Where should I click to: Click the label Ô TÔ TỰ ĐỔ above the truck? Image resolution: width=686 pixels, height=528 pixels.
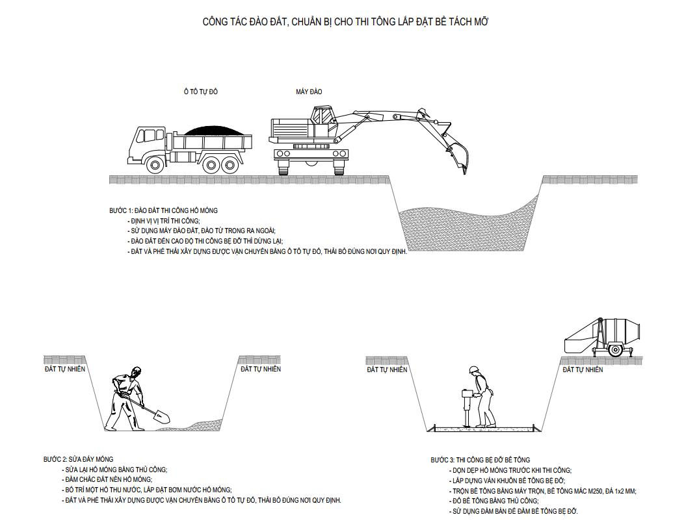[200, 92]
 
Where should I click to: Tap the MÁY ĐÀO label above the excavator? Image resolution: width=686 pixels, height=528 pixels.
[309, 92]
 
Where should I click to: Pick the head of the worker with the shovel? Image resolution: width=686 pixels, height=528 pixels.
[136, 372]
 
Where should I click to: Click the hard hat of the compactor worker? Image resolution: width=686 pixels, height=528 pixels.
[473, 370]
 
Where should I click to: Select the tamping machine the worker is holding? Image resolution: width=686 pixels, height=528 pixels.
[466, 407]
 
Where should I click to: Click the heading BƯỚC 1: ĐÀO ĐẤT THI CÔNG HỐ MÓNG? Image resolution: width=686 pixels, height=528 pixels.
[163, 210]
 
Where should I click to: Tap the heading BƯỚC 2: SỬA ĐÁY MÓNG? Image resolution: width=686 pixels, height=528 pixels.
[78, 459]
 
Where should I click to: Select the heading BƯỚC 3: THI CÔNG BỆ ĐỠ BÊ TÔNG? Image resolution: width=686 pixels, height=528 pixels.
[480, 460]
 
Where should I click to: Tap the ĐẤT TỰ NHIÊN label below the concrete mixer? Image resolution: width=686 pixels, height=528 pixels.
[583, 370]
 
